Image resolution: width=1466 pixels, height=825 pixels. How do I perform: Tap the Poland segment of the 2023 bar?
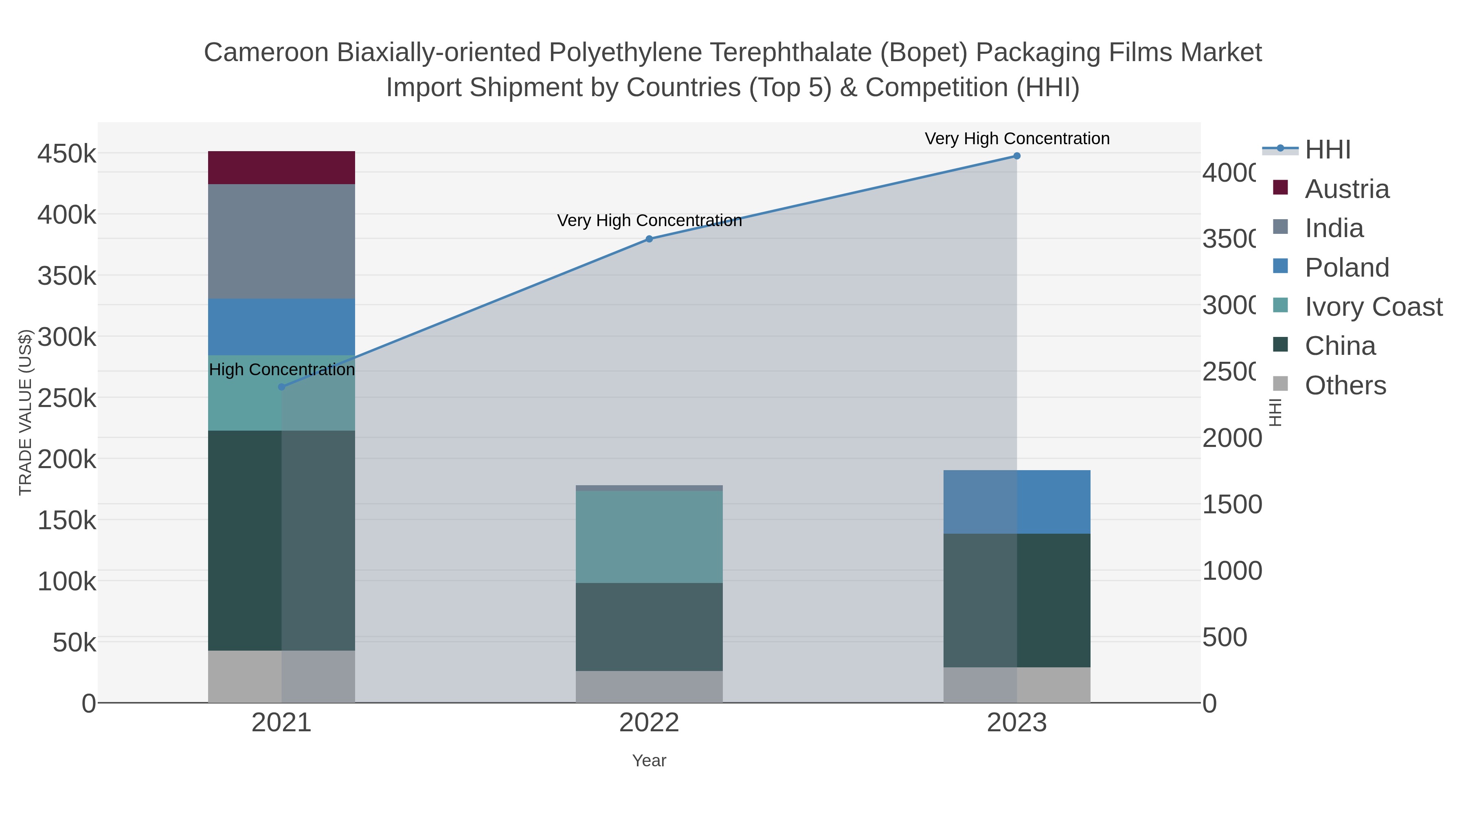[1016, 502]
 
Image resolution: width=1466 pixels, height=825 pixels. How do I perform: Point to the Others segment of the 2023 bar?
[1016, 684]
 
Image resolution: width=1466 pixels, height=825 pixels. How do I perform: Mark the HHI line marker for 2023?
[1016, 156]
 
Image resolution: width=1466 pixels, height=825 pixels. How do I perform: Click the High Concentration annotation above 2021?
[282, 370]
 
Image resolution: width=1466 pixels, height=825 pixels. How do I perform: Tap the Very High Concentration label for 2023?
[1016, 139]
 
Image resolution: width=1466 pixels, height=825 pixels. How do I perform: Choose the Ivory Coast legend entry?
[1373, 306]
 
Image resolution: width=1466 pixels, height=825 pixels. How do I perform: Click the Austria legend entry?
[1347, 189]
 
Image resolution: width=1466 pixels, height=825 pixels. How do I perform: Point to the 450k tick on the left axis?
[67, 154]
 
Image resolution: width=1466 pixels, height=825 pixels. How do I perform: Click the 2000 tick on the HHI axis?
[1231, 438]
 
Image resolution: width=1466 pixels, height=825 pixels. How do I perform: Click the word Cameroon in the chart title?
[266, 53]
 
